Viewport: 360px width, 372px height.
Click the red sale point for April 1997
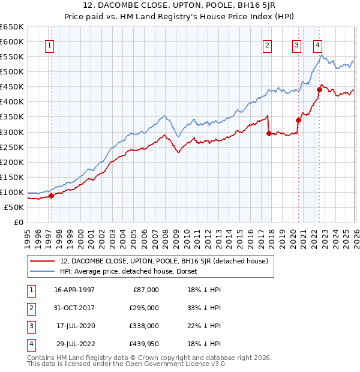pos(52,195)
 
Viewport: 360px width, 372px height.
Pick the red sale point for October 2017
pos(269,133)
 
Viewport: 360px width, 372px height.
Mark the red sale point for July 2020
pos(298,120)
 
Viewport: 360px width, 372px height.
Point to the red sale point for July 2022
pos(319,89)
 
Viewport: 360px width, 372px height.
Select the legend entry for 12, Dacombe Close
pos(167,260)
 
